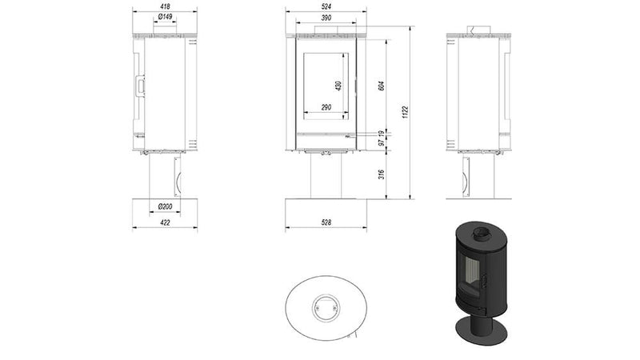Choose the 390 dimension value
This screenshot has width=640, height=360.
[326, 17]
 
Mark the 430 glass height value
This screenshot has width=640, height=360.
[338, 85]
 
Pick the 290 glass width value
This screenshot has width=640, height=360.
[326, 106]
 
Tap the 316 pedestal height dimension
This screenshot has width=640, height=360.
[382, 174]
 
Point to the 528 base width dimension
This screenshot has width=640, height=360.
[326, 222]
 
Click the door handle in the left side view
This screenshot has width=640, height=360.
[140, 84]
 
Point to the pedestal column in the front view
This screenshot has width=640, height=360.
[326, 176]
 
